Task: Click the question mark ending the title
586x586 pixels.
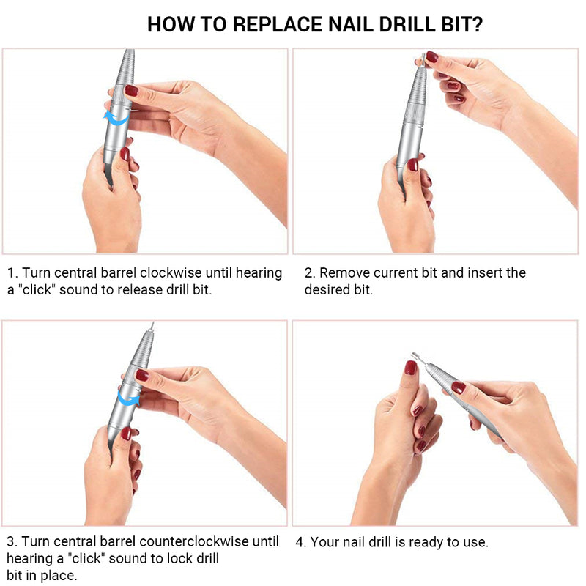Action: [477, 24]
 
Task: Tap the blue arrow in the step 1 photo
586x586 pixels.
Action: [116, 117]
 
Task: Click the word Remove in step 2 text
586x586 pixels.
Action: [343, 273]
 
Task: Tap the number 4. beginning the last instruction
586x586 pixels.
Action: [301, 543]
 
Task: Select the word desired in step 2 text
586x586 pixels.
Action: [327, 290]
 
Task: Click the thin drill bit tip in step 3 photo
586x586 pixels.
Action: [152, 327]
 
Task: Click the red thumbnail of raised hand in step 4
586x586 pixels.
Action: [410, 367]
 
